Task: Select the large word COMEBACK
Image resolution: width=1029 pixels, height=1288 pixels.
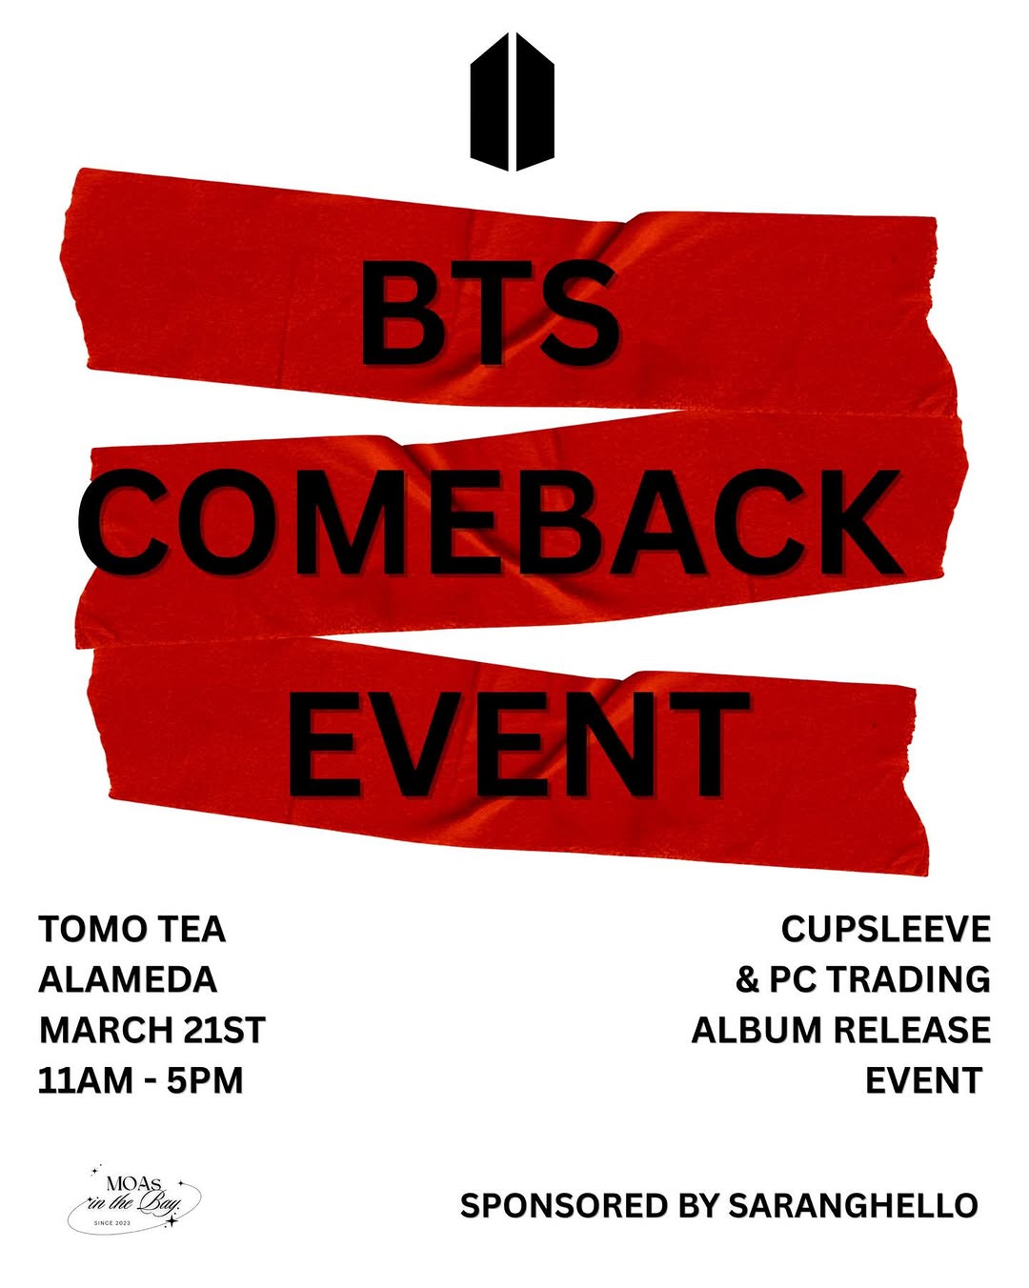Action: click(490, 523)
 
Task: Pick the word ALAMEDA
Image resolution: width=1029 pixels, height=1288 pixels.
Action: click(128, 979)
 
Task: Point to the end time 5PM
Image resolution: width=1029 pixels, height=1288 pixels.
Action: click(205, 1080)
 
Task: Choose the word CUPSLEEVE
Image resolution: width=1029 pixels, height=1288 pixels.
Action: click(885, 929)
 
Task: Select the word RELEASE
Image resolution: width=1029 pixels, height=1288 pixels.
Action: click(912, 1030)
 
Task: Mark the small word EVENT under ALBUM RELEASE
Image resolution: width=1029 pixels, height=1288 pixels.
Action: click(923, 1080)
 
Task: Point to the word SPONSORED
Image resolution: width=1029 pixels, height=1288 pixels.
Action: click(565, 1205)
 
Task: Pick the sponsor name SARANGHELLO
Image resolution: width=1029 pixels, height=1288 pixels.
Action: click(853, 1205)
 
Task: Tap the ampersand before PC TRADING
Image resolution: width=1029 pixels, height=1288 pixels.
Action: click(748, 979)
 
